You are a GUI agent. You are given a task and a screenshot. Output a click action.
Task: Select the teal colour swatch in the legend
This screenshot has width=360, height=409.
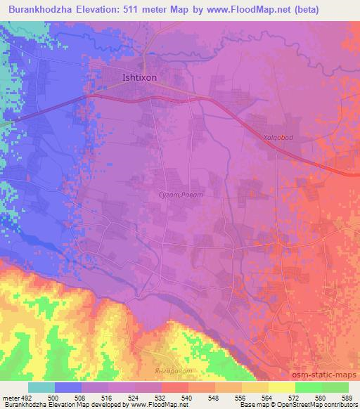tap(41, 387)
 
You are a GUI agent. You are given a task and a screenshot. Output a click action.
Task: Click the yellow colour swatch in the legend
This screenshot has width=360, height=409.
tap(282, 387)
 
